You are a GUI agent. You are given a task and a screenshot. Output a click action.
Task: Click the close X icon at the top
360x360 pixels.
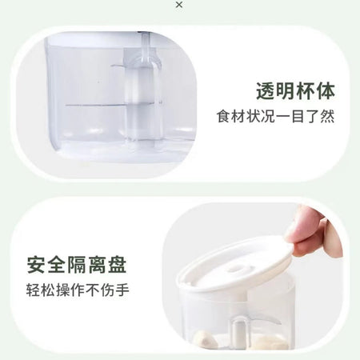click(x=179, y=5)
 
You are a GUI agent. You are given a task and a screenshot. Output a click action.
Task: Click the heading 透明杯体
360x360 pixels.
click(x=295, y=91)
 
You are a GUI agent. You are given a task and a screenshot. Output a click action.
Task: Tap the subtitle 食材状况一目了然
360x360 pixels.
click(x=275, y=116)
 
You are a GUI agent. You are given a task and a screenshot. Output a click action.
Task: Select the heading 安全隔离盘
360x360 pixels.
click(x=77, y=265)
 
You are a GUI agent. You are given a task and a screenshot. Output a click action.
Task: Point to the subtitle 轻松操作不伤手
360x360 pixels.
click(x=78, y=290)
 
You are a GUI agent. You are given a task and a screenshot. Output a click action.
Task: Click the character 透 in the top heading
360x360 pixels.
click(x=266, y=91)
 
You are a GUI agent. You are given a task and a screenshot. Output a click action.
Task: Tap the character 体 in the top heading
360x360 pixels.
click(x=326, y=91)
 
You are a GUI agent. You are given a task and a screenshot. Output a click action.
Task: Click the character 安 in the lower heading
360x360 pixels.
click(x=36, y=265)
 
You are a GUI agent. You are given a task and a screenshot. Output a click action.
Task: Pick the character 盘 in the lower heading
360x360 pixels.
click(x=117, y=265)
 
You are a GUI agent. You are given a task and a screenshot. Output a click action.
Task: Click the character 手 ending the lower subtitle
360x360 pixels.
click(x=122, y=290)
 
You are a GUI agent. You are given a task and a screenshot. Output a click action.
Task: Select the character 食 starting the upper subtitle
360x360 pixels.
click(x=223, y=116)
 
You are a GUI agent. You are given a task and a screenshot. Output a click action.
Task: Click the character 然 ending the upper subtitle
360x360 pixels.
click(x=328, y=116)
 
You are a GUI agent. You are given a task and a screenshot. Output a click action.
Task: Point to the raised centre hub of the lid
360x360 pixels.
click(x=237, y=269)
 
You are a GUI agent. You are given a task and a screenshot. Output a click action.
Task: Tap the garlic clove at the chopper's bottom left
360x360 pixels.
click(x=204, y=339)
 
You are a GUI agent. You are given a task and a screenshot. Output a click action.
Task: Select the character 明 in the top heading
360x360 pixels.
click(x=286, y=91)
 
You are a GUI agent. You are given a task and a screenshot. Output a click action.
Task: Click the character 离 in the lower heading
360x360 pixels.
click(x=97, y=265)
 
